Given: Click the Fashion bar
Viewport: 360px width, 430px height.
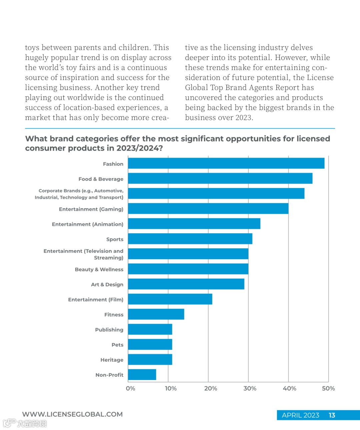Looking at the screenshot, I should tap(226, 163).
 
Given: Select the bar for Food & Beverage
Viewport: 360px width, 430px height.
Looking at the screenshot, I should tap(220, 178).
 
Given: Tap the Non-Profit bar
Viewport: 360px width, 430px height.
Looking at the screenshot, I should tap(142, 375).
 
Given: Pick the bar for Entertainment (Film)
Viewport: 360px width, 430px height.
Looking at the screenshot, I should tap(170, 299).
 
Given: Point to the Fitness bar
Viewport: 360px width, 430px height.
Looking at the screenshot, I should tap(156, 314).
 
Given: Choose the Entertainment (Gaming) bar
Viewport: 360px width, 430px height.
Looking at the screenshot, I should tap(208, 209).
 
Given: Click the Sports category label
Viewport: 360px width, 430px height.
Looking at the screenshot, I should tap(115, 239).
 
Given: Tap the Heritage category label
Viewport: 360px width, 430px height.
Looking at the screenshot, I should tap(112, 360).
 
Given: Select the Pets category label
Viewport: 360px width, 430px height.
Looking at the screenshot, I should tap(117, 345).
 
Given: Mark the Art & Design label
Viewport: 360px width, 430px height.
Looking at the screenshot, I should tap(107, 284).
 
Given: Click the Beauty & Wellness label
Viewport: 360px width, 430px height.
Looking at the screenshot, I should tap(99, 269).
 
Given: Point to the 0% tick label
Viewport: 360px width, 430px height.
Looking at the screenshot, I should tap(130, 388).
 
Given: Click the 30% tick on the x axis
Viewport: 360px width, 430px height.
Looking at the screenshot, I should tap(250, 388).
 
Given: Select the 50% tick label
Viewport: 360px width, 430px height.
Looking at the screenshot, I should tap(328, 388).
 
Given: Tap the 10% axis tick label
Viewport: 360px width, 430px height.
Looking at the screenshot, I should tap(171, 388).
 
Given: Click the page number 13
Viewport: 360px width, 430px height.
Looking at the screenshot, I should tap(332, 415).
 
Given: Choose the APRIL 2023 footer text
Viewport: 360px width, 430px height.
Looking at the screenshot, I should tap(300, 415).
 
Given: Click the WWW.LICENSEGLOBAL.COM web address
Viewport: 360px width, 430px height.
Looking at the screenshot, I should tap(72, 414).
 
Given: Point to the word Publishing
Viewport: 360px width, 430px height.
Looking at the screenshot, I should tap(109, 330).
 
